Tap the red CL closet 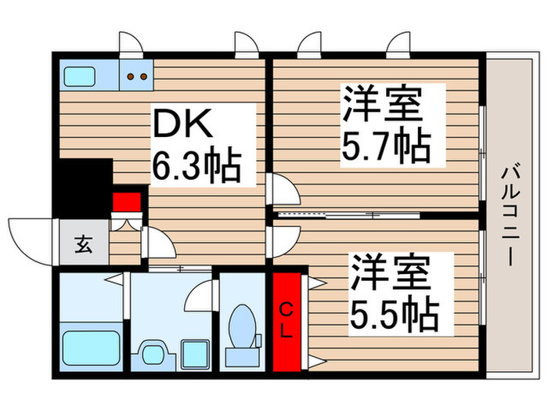coord(286,319)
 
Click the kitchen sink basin coord(79,78)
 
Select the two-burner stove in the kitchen coord(139,77)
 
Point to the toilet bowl coord(241,323)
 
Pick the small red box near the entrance coord(127,203)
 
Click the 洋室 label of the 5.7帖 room coord(383,103)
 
